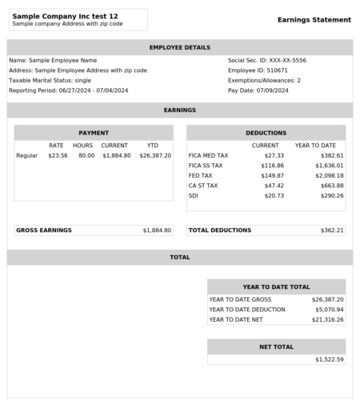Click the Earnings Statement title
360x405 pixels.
(x=314, y=20)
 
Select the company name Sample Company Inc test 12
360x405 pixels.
(x=65, y=16)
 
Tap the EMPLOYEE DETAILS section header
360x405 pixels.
(x=180, y=48)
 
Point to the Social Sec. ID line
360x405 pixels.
(x=266, y=60)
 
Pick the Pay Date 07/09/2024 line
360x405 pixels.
(x=258, y=90)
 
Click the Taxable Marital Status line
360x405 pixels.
(x=50, y=81)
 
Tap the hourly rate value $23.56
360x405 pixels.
(x=58, y=155)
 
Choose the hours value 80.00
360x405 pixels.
(x=86, y=155)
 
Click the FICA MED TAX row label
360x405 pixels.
(x=208, y=155)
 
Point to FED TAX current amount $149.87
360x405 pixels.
(x=272, y=175)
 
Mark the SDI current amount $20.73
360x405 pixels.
(x=274, y=195)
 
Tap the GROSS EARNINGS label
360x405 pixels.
(x=44, y=231)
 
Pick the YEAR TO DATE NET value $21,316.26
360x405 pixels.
(x=327, y=319)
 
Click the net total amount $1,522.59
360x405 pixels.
(x=329, y=359)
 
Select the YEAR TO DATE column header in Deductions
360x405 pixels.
(x=315, y=146)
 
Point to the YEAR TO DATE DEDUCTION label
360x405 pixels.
(x=247, y=309)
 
